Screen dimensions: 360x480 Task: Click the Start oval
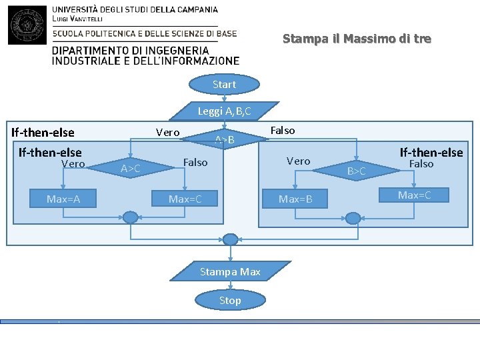pyautogui.click(x=224, y=85)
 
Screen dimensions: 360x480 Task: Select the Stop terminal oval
pyautogui.click(x=230, y=301)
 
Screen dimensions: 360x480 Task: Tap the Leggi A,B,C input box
pyautogui.click(x=224, y=111)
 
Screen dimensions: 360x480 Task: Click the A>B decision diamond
pyautogui.click(x=225, y=140)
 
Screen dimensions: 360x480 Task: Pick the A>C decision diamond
pyautogui.click(x=131, y=169)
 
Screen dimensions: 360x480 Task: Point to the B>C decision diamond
pyautogui.click(x=357, y=171)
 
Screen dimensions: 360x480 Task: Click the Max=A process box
pyautogui.click(x=63, y=198)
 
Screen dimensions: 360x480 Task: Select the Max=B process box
pyautogui.click(x=295, y=199)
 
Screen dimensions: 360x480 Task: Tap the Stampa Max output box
pyautogui.click(x=230, y=271)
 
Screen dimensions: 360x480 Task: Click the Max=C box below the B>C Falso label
pyautogui.click(x=414, y=195)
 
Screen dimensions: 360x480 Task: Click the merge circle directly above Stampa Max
pyautogui.click(x=230, y=239)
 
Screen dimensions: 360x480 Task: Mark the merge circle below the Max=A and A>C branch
pyautogui.click(x=131, y=217)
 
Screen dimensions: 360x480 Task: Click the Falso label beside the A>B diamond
pyautogui.click(x=283, y=131)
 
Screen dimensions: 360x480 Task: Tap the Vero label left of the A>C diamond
pyautogui.click(x=73, y=163)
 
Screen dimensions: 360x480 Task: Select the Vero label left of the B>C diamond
pyautogui.click(x=298, y=161)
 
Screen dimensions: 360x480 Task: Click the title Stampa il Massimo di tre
pyautogui.click(x=357, y=39)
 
